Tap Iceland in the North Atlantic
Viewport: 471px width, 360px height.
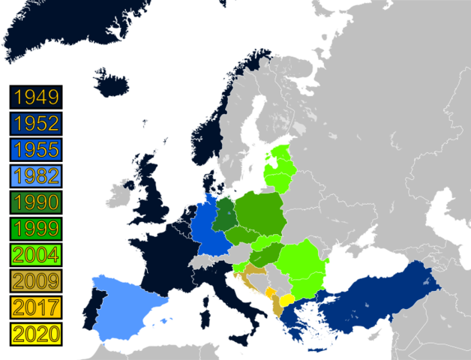(x=112, y=79)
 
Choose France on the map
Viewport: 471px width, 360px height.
(x=169, y=255)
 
